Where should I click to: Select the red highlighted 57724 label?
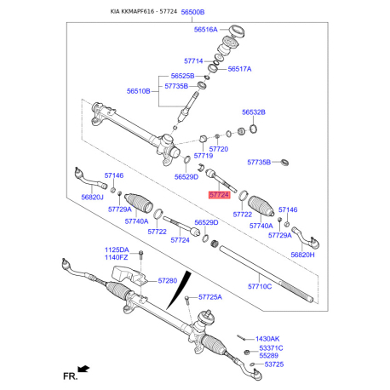click(219, 195)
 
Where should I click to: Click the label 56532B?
click(253, 112)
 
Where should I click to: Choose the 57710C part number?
click(260, 286)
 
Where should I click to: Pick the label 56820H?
click(302, 255)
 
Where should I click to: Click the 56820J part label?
click(94, 197)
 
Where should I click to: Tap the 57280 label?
click(167, 279)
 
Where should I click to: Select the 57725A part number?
click(209, 297)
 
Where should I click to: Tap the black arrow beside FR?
click(84, 369)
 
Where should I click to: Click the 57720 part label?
click(217, 148)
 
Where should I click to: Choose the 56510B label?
click(139, 90)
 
